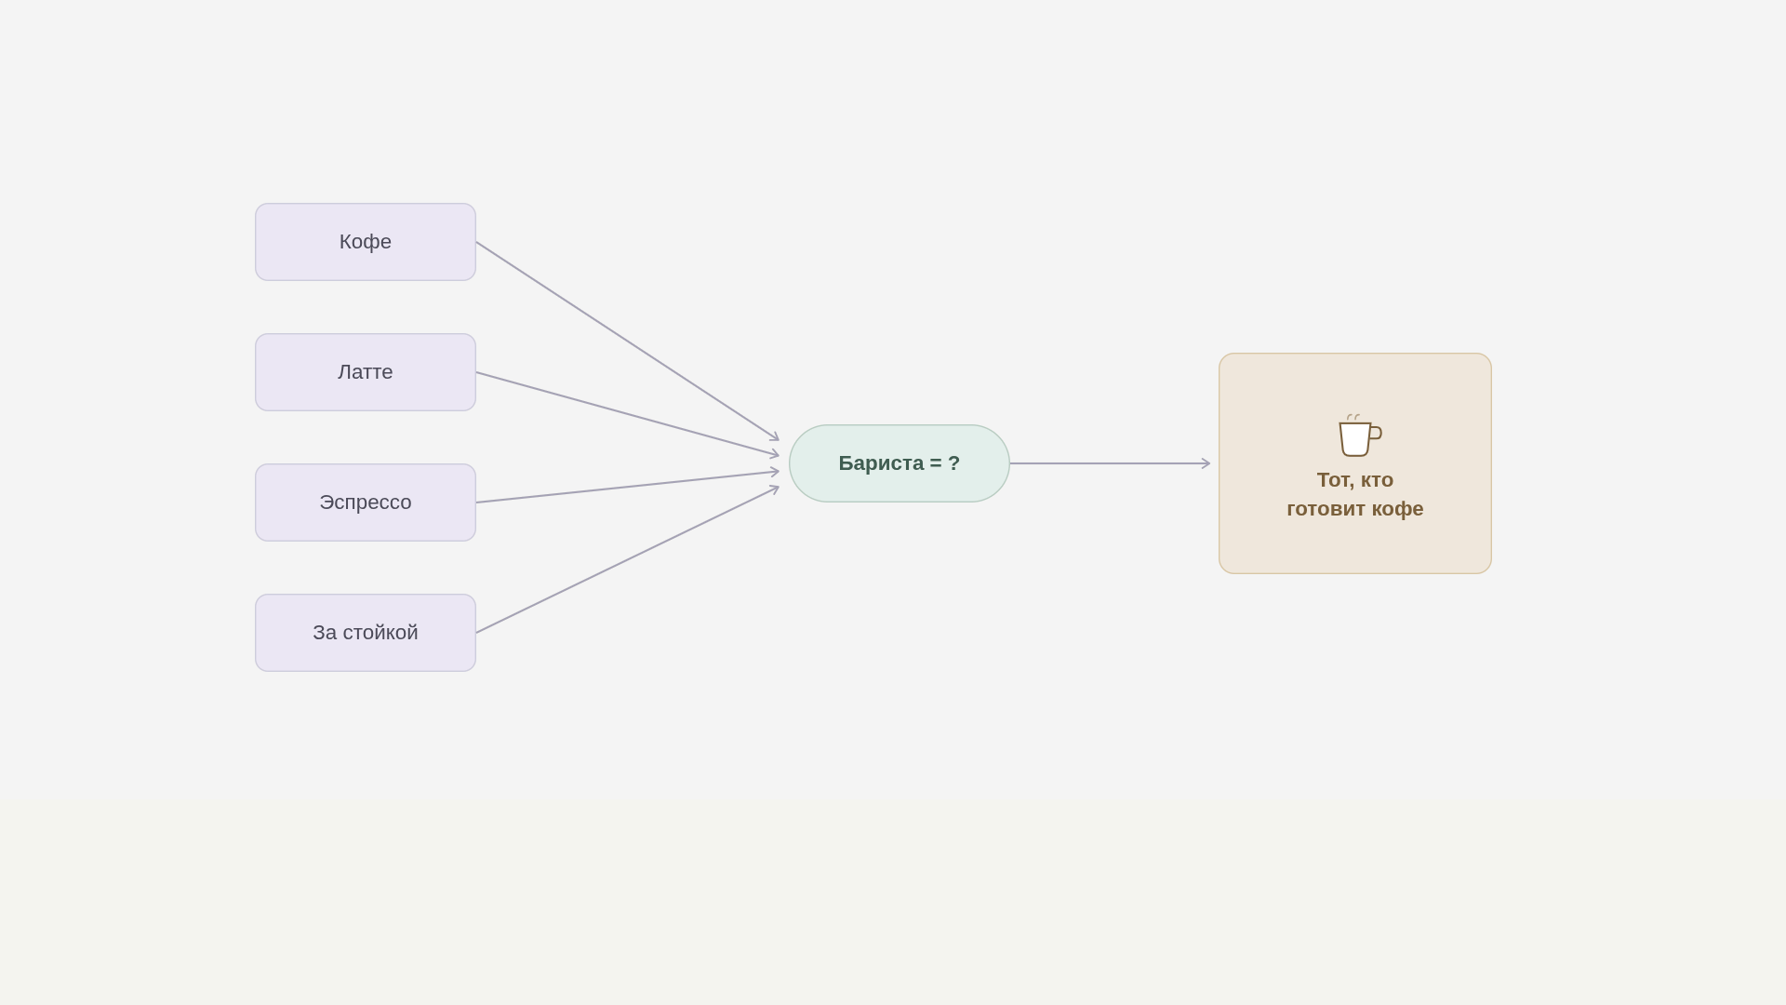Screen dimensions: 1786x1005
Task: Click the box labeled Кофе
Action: pyautogui.click(x=366, y=242)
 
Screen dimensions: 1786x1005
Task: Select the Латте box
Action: pyautogui.click(x=366, y=372)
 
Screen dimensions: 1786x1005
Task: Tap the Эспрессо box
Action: pyautogui.click(x=366, y=502)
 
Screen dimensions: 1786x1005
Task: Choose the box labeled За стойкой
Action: pyautogui.click(x=366, y=633)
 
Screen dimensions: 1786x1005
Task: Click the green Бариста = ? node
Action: pyautogui.click(x=900, y=463)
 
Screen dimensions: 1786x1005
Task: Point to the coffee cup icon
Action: pyautogui.click(x=1359, y=435)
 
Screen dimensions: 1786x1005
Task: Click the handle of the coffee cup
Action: pyautogui.click(x=1376, y=433)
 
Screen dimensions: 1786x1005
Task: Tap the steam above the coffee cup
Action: pyautogui.click(x=1353, y=417)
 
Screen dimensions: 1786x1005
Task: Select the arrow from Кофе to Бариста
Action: pyautogui.click(x=628, y=342)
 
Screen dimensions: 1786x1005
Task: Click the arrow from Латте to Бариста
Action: pyautogui.click(x=628, y=414)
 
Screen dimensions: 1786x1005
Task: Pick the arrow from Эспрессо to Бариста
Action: pyautogui.click(x=628, y=487)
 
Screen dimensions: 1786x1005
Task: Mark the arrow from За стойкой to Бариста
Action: pyautogui.click(x=628, y=559)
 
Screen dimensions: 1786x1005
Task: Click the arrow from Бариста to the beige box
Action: pyautogui.click(x=1110, y=463)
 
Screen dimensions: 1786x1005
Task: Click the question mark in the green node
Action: pyautogui.click(x=953, y=463)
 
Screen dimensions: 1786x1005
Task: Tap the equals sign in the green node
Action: pyautogui.click(x=936, y=463)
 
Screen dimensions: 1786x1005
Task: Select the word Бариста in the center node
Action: pyautogui.click(x=881, y=463)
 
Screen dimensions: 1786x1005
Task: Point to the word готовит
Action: pyautogui.click(x=1326, y=509)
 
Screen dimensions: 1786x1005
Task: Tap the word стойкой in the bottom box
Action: pyautogui.click(x=381, y=633)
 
